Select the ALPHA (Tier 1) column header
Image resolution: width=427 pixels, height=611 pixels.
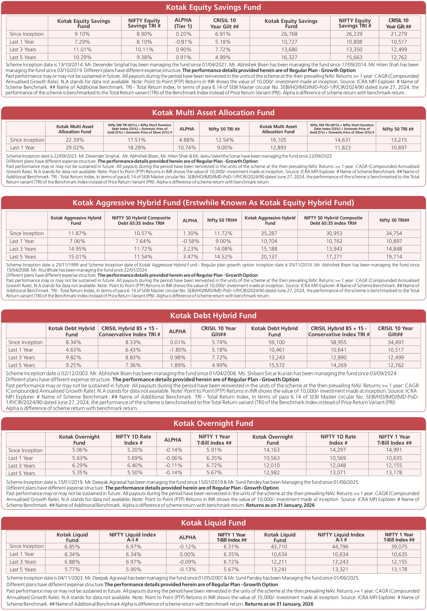tap(183, 23)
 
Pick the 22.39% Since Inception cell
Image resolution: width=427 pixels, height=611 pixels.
tap(75, 140)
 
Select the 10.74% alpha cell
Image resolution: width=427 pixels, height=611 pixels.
tap(187, 148)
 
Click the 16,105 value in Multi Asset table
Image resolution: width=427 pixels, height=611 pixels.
tap(278, 140)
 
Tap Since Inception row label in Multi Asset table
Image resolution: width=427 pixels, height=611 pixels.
tap(27, 140)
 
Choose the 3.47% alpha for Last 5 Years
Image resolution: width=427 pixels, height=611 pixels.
tap(190, 257)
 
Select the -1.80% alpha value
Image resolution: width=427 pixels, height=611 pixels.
tap(177, 350)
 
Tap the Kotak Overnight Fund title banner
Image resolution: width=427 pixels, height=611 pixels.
tap(213, 423)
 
